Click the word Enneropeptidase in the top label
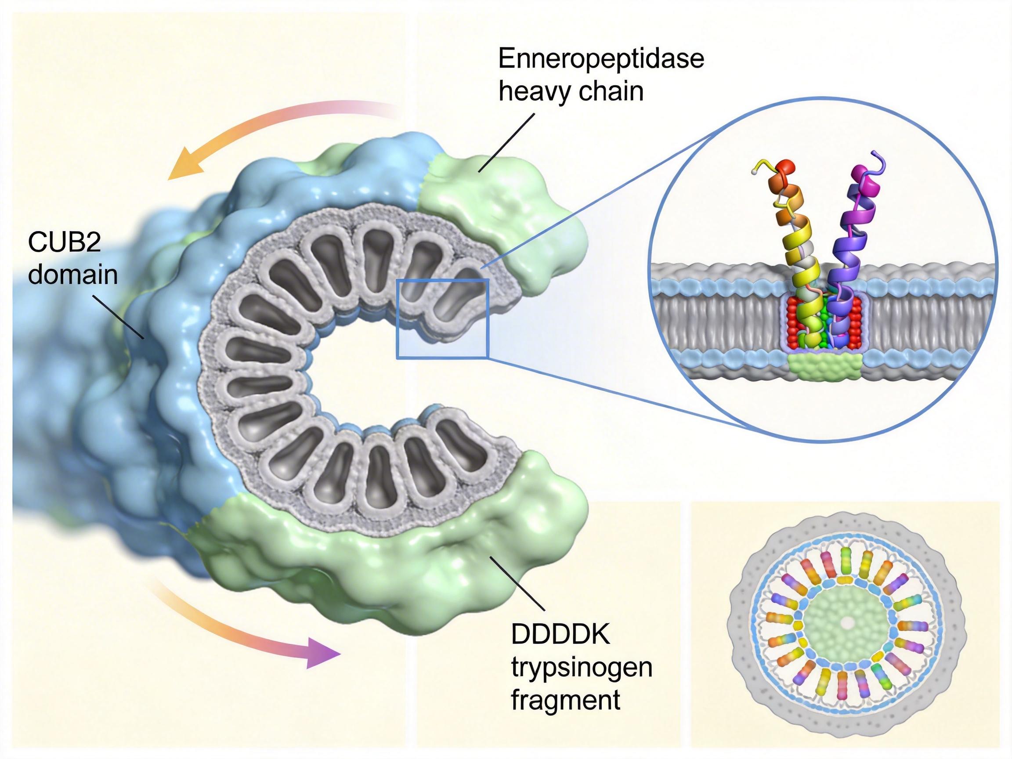(x=601, y=59)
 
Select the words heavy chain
(x=571, y=91)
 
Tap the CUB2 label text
(x=65, y=242)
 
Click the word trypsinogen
(x=582, y=668)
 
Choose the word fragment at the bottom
(x=565, y=699)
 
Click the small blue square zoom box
(x=443, y=318)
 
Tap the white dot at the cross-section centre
(x=848, y=622)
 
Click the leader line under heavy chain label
(x=507, y=142)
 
